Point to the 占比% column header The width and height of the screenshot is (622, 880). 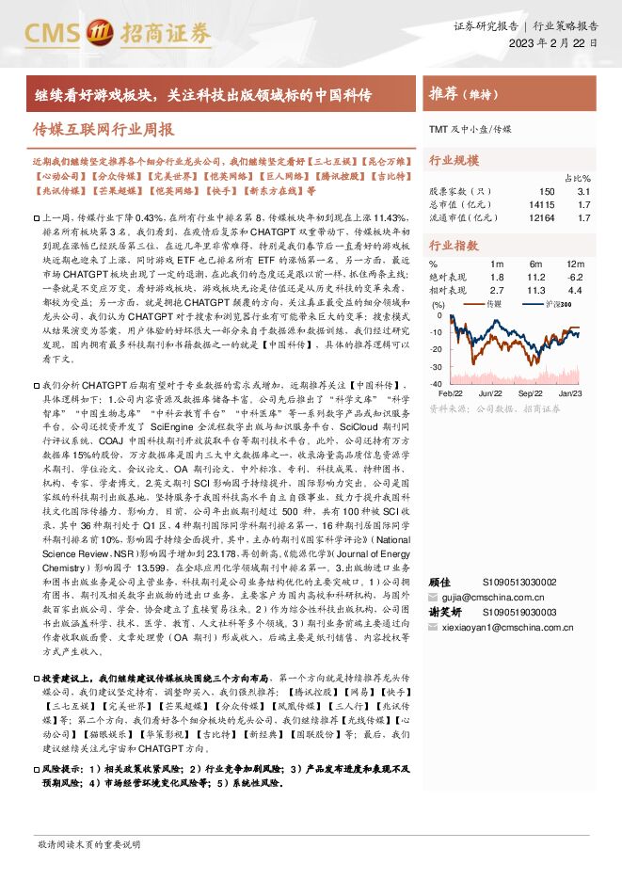[x=577, y=178]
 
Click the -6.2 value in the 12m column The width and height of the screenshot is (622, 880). [x=575, y=278]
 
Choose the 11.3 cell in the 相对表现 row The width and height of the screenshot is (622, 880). [x=536, y=291]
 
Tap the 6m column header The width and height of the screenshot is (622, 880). [x=537, y=264]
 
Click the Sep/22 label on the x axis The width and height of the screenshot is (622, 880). [x=531, y=392]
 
